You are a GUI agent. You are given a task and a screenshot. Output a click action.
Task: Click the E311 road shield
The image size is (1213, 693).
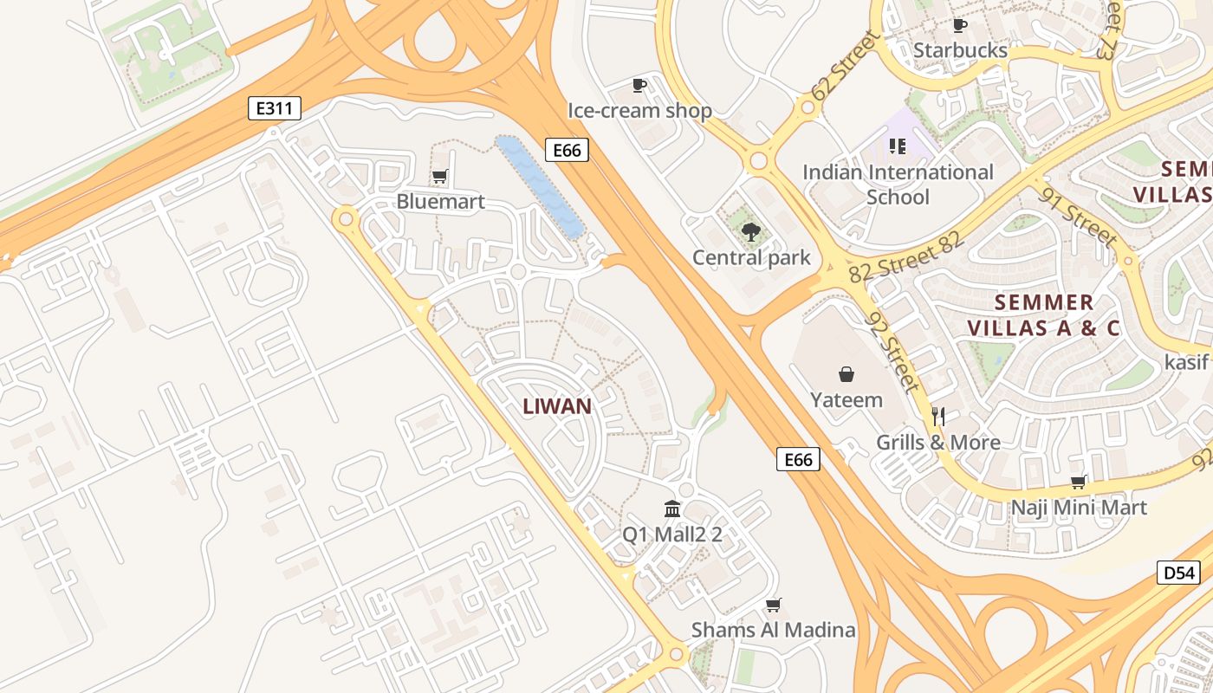click(x=275, y=108)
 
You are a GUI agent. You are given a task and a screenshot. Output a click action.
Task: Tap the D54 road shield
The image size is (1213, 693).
click(x=1178, y=573)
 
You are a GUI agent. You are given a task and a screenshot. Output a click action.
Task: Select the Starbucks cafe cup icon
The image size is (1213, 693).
click(x=959, y=25)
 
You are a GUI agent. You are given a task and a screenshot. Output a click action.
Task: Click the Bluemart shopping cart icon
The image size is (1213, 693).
click(x=439, y=177)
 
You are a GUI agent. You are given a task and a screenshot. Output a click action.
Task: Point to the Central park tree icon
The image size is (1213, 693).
click(x=750, y=231)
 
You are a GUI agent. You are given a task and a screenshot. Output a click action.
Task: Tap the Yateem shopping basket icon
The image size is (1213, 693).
click(x=846, y=374)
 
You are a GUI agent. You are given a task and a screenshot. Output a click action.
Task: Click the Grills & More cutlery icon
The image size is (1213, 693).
click(x=937, y=417)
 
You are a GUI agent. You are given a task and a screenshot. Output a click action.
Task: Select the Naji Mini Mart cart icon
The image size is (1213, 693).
click(x=1079, y=482)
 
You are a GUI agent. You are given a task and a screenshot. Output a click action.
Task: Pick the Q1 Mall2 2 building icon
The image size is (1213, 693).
click(x=672, y=508)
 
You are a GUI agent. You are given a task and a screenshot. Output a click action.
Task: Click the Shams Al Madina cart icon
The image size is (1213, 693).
click(x=773, y=605)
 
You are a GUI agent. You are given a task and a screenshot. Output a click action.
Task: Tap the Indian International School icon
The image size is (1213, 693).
click(x=897, y=146)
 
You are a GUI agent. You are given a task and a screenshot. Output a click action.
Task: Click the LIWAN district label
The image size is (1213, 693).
click(x=557, y=406)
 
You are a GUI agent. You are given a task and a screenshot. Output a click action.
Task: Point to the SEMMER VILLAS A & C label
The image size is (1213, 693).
click(x=1043, y=315)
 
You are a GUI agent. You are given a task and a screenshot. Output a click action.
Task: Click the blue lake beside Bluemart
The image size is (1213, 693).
click(x=539, y=185)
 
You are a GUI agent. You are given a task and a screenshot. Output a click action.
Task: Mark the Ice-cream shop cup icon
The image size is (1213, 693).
click(x=639, y=85)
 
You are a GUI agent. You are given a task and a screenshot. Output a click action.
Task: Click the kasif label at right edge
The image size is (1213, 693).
click(x=1185, y=361)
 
